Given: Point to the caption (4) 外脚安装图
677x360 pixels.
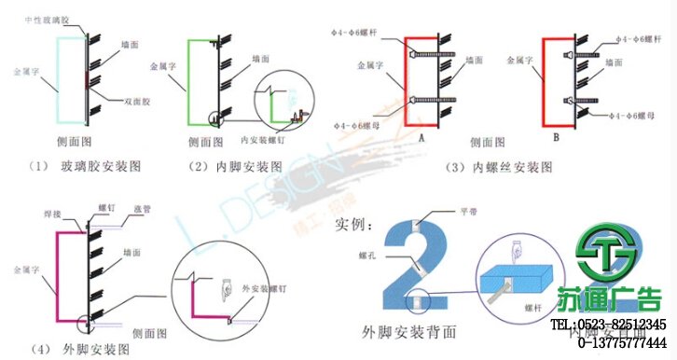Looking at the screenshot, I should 78,350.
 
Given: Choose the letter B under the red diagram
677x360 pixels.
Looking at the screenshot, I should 556,136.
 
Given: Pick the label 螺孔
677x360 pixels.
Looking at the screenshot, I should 367,253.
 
